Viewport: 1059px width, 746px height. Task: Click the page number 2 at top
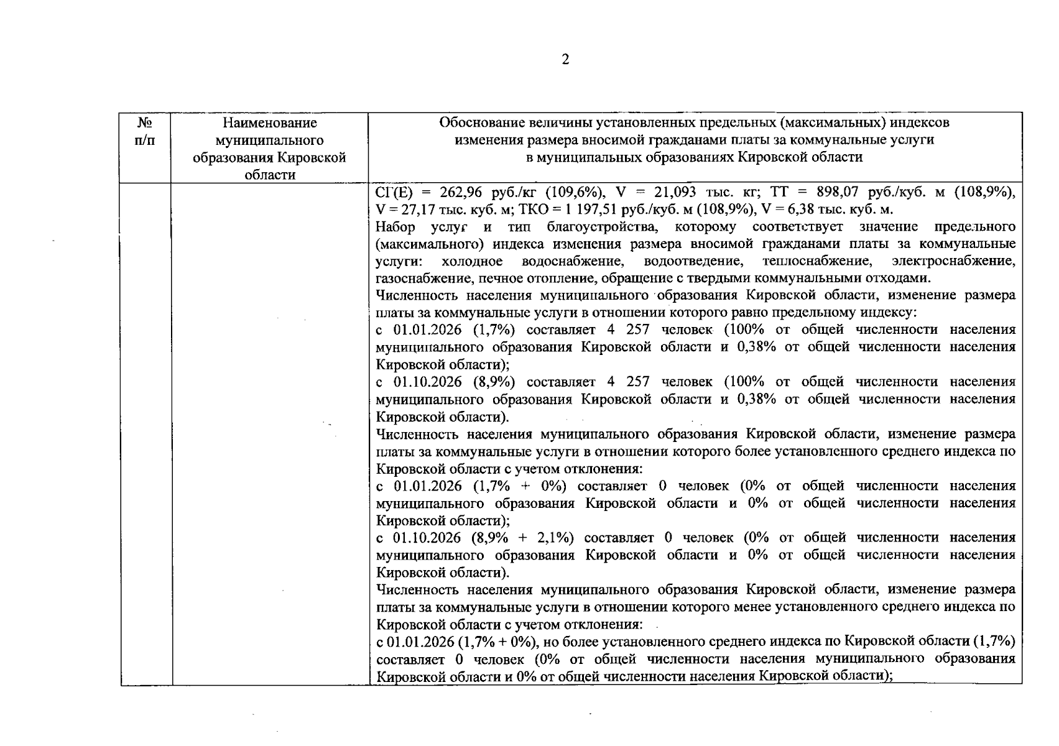(x=565, y=60)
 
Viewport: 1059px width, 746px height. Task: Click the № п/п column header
(x=145, y=131)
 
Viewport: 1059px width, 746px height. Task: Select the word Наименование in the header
(x=269, y=123)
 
